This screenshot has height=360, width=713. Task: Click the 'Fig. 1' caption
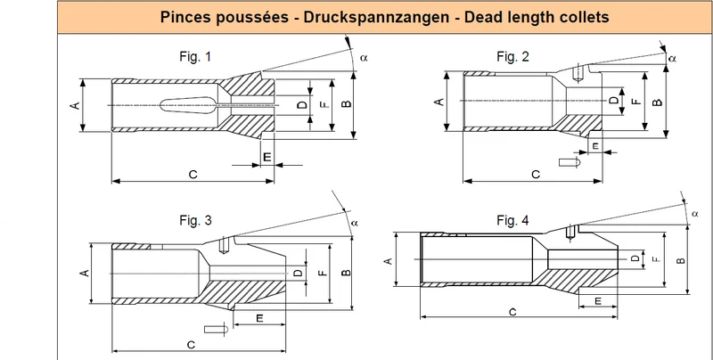(195, 57)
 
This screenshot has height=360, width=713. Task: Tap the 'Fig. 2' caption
(513, 56)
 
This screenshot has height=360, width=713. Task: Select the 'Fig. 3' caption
(195, 220)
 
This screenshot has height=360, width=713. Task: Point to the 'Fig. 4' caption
(513, 221)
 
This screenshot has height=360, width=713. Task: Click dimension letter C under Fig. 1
(193, 175)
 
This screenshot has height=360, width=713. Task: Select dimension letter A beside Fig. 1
(76, 105)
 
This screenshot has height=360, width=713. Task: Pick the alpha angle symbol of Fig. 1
(363, 58)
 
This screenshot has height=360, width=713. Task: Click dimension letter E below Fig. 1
(267, 157)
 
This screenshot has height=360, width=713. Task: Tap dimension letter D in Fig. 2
(614, 100)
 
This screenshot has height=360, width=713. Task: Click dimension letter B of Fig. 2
(657, 102)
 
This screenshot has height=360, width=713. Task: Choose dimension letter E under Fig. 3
(259, 318)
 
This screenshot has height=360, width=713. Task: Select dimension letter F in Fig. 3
(322, 273)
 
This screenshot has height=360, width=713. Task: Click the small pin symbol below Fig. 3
(215, 329)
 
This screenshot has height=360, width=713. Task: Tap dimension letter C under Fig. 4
(512, 312)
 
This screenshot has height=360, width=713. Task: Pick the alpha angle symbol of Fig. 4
(695, 214)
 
